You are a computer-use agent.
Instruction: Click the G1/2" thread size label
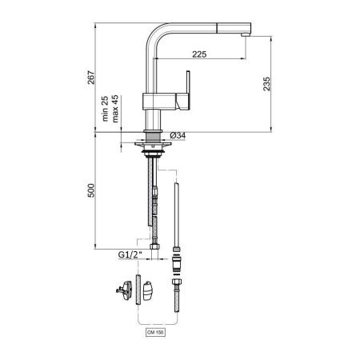click(129, 256)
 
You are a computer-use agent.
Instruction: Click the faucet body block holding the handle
click(156, 101)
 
